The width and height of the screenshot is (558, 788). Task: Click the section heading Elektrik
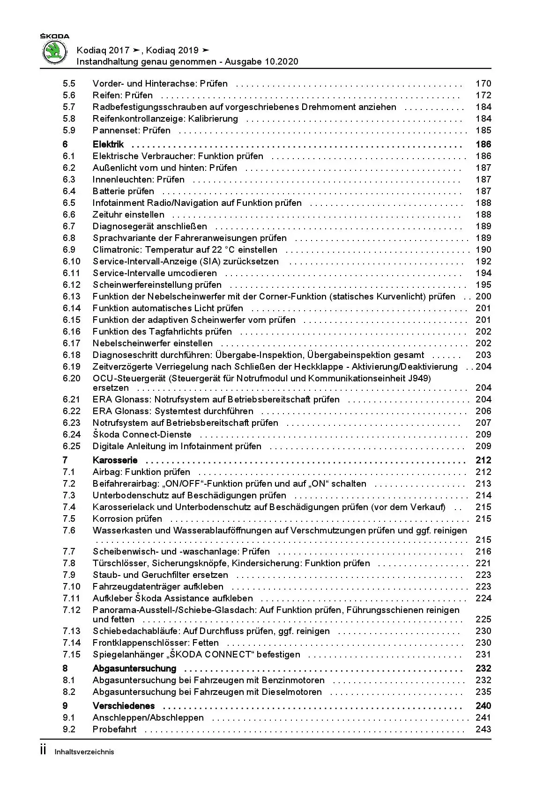pyautogui.click(x=108, y=145)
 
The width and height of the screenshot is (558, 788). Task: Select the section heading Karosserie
pyautogui.click(x=115, y=460)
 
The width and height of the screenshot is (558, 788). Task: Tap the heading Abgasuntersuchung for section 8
pyautogui.click(x=134, y=669)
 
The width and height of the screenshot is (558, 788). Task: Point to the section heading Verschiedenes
pyautogui.click(x=124, y=706)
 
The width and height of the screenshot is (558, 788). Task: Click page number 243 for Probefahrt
pyautogui.click(x=483, y=730)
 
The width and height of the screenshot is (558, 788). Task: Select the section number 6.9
pyautogui.click(x=69, y=250)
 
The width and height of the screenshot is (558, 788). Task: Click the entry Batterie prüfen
pyautogui.click(x=123, y=191)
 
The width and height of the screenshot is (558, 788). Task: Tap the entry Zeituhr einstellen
pyautogui.click(x=128, y=215)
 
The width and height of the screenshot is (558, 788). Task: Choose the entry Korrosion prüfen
pyautogui.click(x=127, y=519)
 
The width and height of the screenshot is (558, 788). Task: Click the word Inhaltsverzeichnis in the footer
pyautogui.click(x=84, y=752)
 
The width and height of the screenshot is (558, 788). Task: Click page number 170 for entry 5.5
pyautogui.click(x=483, y=84)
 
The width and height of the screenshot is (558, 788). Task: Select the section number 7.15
pyautogui.click(x=72, y=655)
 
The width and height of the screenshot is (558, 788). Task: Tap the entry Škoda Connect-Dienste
pyautogui.click(x=142, y=435)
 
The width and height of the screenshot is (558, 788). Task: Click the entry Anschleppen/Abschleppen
pyautogui.click(x=148, y=718)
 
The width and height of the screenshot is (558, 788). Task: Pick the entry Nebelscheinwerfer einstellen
pyautogui.click(x=152, y=343)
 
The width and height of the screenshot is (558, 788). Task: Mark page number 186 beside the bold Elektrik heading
pyautogui.click(x=483, y=145)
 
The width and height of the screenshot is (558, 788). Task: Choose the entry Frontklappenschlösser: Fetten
pyautogui.click(x=156, y=643)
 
